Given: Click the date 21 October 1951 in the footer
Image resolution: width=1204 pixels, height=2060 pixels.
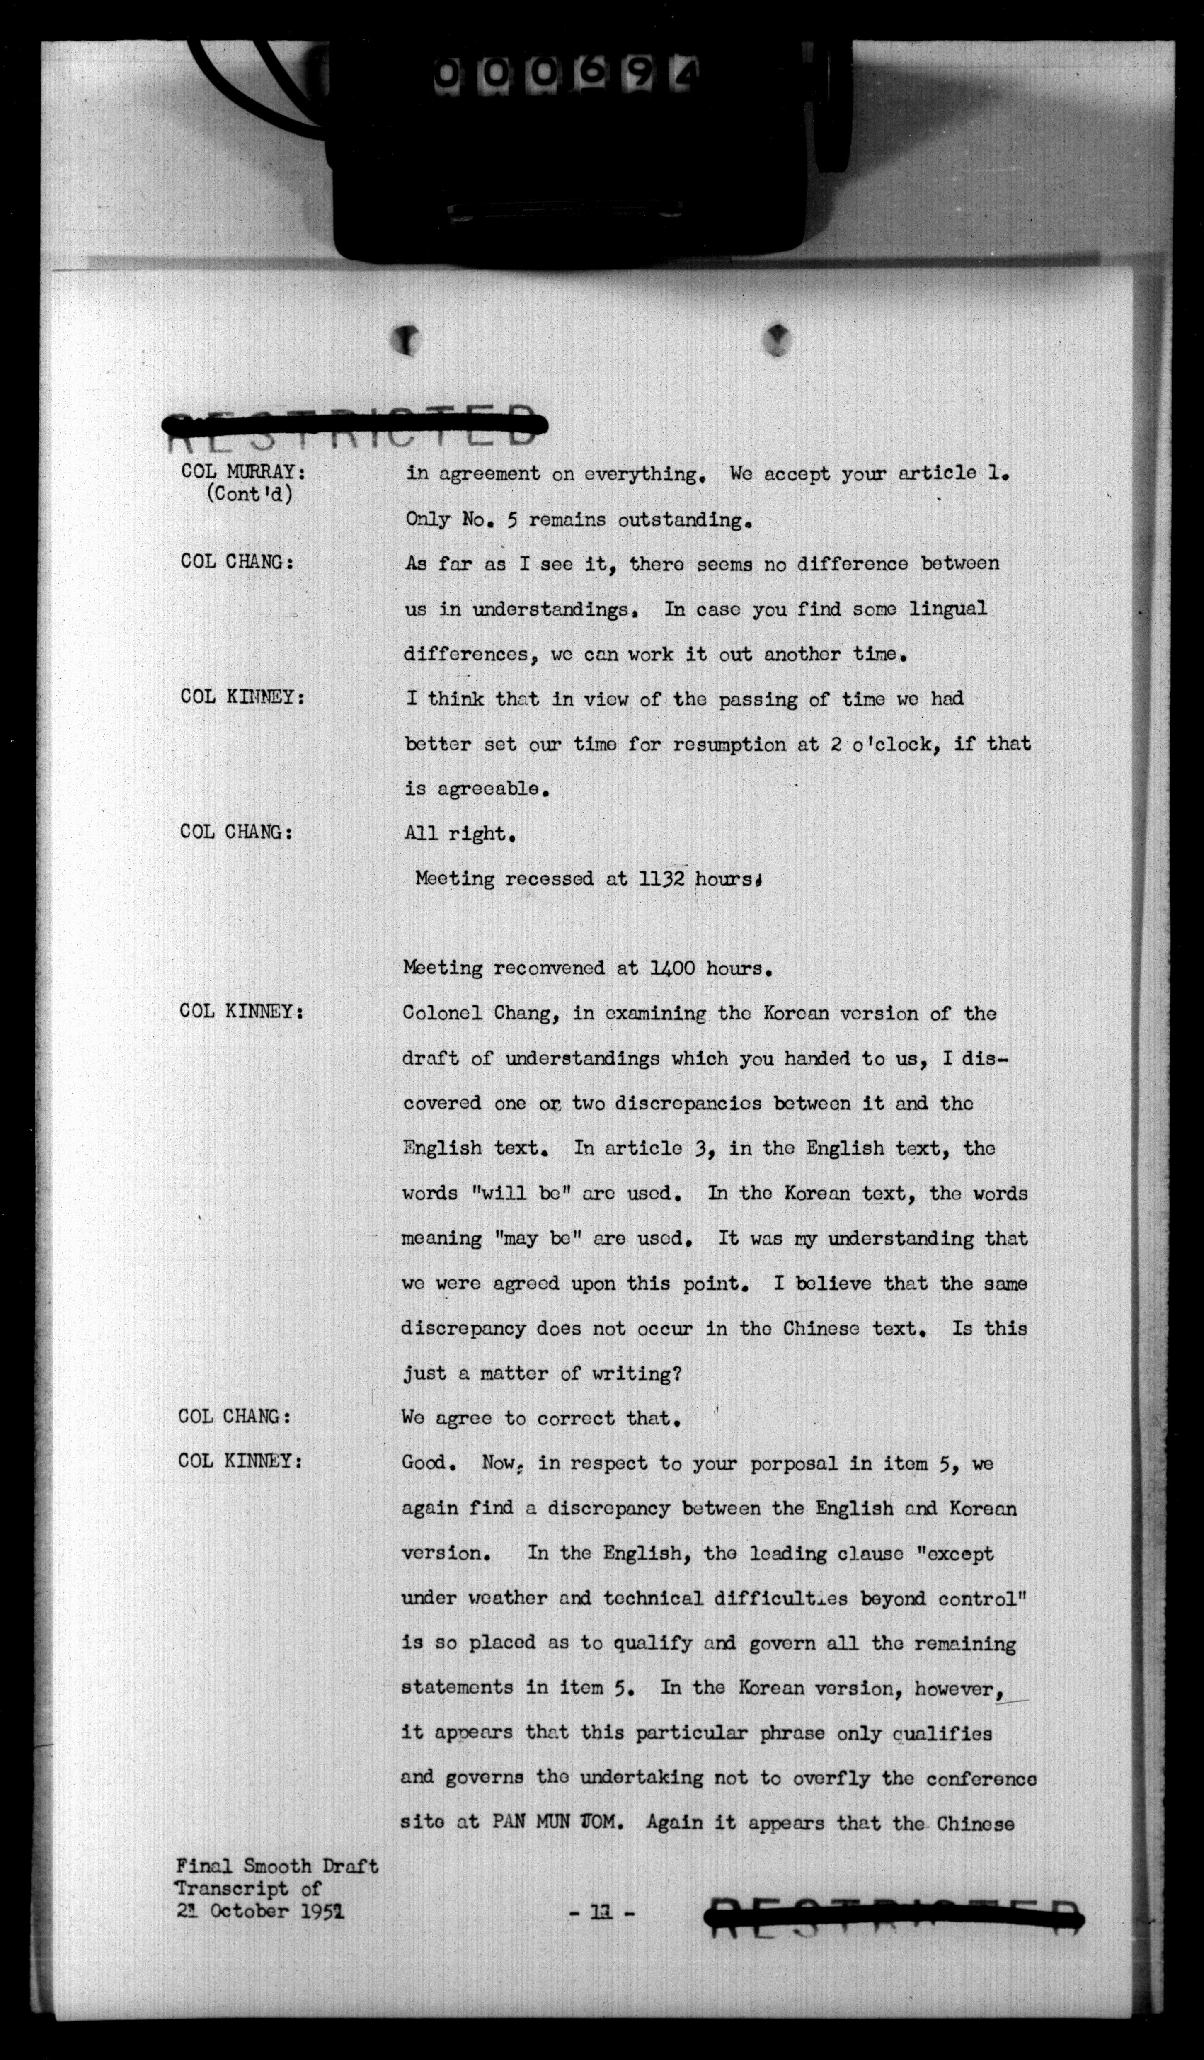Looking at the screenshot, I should point(259,1911).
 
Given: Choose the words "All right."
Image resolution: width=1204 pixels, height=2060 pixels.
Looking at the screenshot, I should point(458,834).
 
